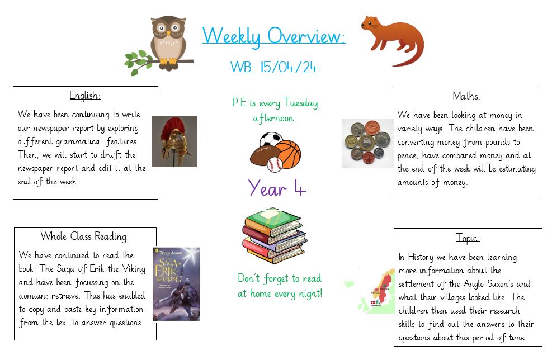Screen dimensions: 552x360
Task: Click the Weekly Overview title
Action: (x=274, y=36)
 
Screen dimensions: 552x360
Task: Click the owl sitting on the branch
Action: (x=168, y=41)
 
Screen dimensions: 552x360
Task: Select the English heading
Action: (x=85, y=96)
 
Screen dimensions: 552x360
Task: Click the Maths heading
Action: (x=466, y=96)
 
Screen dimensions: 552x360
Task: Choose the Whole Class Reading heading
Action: (x=85, y=236)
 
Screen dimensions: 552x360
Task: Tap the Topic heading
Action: (x=468, y=238)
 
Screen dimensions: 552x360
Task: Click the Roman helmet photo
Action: (x=174, y=141)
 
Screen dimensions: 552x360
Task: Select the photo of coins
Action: (x=368, y=143)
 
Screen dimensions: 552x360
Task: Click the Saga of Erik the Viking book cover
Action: (x=176, y=284)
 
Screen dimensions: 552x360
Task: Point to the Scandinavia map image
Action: (x=370, y=291)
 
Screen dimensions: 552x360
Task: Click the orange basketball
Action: (x=287, y=154)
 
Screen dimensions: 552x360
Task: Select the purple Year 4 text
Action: (x=277, y=188)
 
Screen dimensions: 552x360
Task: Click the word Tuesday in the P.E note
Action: (x=301, y=103)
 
